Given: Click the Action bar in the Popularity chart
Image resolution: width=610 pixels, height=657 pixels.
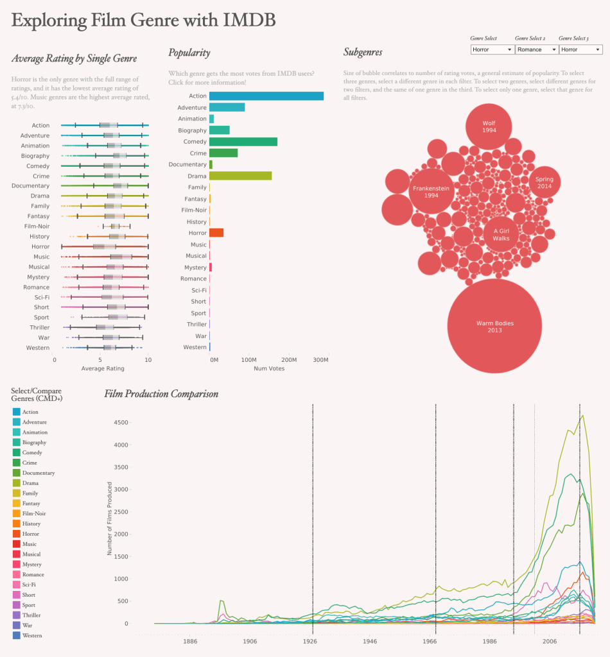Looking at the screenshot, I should coord(266,96).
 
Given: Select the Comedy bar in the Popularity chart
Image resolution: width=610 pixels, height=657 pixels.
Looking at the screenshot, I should coord(243,142).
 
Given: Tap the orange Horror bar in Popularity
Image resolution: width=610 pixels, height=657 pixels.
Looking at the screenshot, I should coord(216,232).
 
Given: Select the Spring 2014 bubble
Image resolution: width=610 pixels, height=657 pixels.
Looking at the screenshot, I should coord(544,182).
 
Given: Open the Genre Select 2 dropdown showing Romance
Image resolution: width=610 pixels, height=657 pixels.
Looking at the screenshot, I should coord(536,49).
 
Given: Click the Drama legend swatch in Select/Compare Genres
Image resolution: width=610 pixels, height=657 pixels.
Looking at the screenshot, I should coord(16,483).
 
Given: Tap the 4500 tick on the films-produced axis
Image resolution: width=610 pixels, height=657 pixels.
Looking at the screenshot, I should coord(120,422).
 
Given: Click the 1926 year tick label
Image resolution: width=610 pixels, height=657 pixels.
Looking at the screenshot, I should coord(311,641).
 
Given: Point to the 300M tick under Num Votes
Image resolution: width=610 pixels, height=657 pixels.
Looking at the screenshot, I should coord(320,361).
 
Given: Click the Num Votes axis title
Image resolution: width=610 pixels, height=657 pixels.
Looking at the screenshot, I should coord(268,369).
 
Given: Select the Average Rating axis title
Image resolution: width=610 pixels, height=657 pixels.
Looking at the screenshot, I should coord(103,369).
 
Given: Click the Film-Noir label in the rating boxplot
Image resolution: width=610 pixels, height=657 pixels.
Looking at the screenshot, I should coord(37,226).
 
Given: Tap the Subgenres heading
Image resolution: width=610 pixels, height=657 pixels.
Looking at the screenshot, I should coord(363,53).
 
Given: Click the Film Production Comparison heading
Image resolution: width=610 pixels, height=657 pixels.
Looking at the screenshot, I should coord(161,393).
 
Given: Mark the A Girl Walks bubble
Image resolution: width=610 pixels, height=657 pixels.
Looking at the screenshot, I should coord(501,234).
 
